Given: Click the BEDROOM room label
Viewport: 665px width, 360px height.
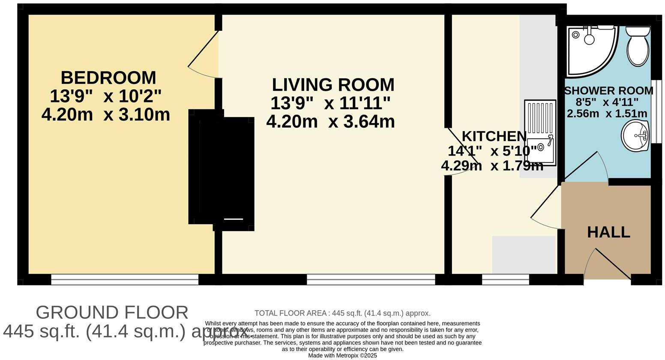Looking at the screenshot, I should (x=108, y=78).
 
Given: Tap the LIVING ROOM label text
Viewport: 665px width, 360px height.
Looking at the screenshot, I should (x=333, y=85).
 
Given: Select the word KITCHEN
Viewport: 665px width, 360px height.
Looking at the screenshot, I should (x=494, y=136).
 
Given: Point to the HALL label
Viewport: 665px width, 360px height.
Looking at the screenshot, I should (x=608, y=232).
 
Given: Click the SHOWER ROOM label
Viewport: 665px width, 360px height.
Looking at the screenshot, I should (x=608, y=91).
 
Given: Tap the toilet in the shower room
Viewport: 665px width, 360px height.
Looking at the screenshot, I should (x=637, y=46).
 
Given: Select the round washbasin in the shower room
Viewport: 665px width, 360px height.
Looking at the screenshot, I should (x=635, y=136).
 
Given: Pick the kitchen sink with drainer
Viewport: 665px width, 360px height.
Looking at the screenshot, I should (x=540, y=133).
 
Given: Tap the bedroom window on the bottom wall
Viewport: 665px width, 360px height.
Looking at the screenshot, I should (x=125, y=280).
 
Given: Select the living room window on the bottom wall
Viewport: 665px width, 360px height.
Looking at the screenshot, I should (x=371, y=280).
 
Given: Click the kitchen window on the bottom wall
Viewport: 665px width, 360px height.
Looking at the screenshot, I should (x=506, y=280).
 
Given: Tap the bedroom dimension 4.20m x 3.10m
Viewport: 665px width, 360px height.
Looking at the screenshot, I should (x=106, y=115).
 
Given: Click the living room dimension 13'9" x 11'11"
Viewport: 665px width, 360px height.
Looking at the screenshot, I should (x=330, y=103).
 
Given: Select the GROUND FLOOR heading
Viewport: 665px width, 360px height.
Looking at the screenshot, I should (x=112, y=312).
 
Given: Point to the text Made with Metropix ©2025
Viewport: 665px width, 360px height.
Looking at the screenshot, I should (x=342, y=356).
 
